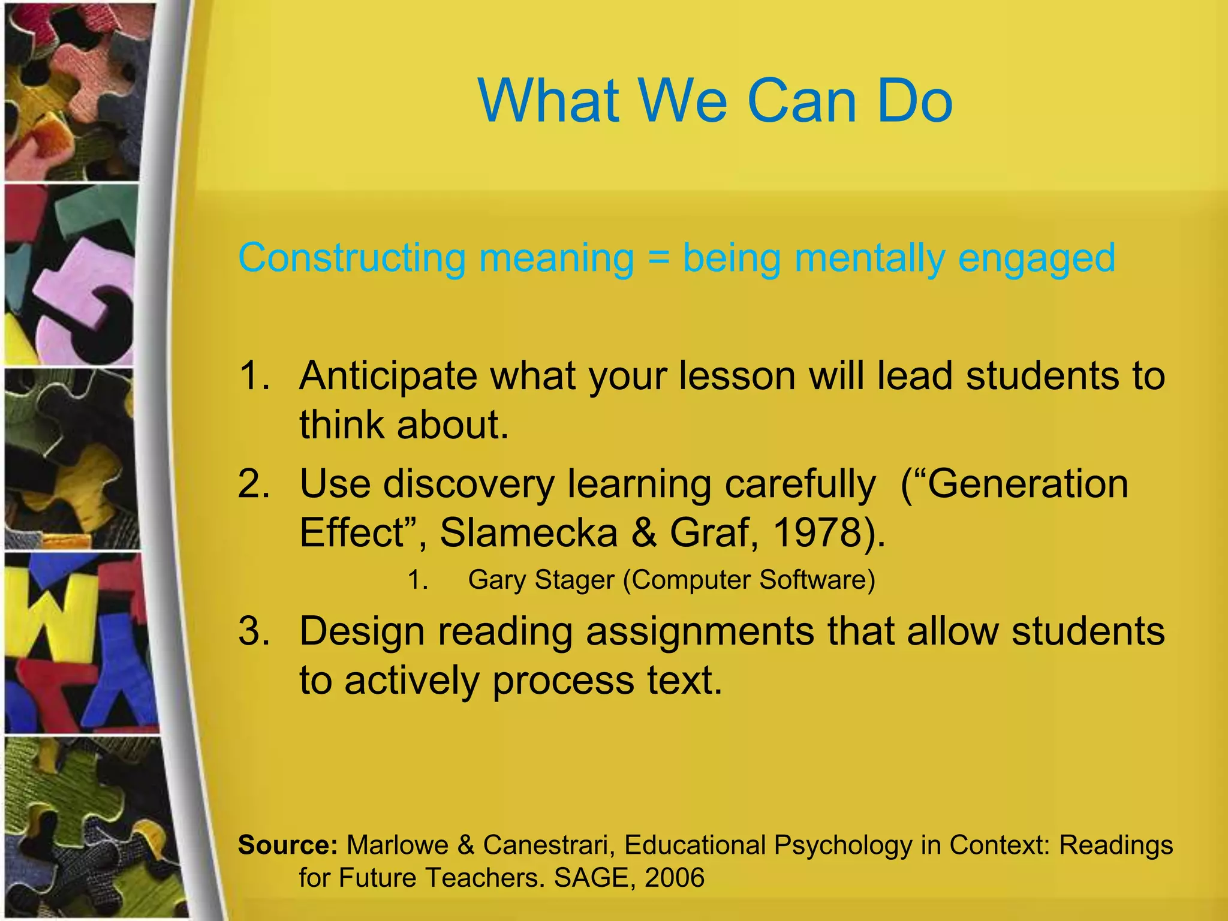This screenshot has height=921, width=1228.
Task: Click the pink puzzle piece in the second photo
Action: [x=78, y=282]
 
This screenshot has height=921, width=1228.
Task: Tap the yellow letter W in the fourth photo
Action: [x=57, y=618]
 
